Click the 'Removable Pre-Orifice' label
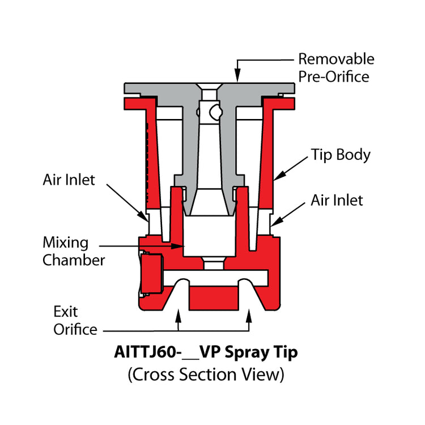coord(336,67)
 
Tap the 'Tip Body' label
coord(340,155)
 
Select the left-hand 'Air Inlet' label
coord(69,180)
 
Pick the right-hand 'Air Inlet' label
coord(337,200)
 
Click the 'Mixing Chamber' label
coord(74,252)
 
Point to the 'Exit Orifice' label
coord(75,320)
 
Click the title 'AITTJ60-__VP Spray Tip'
coord(206,352)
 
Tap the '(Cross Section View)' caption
coord(206,374)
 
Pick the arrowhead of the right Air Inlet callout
coord(275,224)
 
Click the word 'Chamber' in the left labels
coord(74,261)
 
